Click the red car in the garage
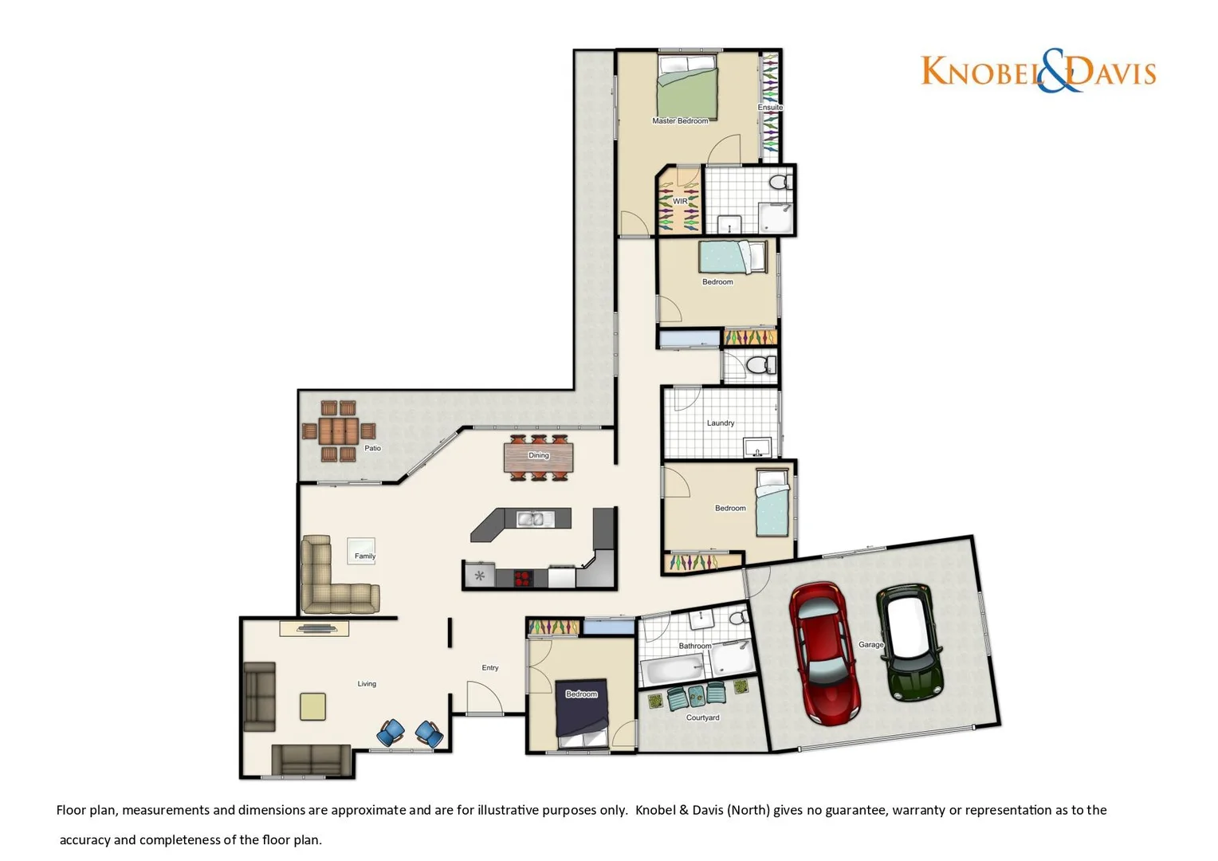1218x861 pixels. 825,653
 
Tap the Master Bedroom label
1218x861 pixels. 680,121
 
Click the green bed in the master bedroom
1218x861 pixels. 687,88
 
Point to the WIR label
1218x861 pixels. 680,202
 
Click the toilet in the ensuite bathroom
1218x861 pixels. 780,183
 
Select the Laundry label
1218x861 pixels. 721,423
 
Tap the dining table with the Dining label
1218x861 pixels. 538,457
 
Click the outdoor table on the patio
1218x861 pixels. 338,431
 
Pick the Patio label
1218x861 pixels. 372,448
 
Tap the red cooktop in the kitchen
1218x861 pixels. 523,578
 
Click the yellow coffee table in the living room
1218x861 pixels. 312,706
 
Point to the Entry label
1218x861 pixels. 490,668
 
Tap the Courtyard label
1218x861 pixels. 702,717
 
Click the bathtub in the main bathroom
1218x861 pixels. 674,669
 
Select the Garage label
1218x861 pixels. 870,644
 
